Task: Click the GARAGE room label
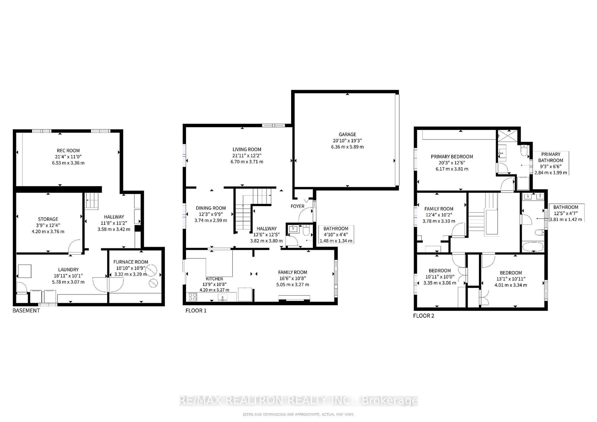[347, 134]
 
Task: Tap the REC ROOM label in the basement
[68, 150]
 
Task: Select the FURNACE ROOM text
[131, 262]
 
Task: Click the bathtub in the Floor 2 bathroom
[532, 247]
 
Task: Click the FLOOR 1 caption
[196, 311]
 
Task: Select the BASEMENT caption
[26, 311]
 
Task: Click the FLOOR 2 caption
[423, 316]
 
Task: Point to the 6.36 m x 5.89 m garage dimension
[347, 147]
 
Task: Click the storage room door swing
[75, 246]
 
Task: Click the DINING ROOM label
[211, 208]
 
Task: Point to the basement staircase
[92, 201]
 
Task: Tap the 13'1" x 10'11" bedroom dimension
[511, 279]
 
